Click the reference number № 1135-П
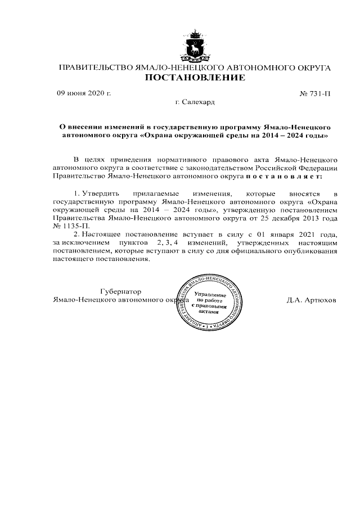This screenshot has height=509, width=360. (70, 226)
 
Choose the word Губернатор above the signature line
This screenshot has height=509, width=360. (120, 291)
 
